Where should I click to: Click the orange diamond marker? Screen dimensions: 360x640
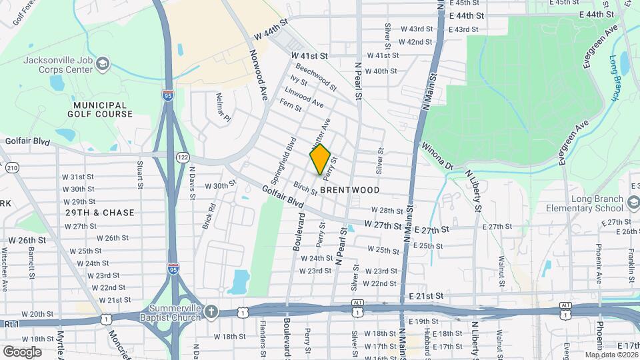pos(320,159)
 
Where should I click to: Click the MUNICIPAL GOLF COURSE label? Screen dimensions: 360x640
pos(100,109)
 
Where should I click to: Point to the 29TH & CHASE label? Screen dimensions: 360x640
pos(100,213)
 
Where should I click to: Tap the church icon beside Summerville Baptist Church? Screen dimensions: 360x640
pos(211,311)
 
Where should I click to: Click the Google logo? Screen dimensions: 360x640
pos(22,351)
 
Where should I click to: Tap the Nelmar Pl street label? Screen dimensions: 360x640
pos(223,109)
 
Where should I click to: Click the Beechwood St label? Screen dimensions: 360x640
pos(315,75)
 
